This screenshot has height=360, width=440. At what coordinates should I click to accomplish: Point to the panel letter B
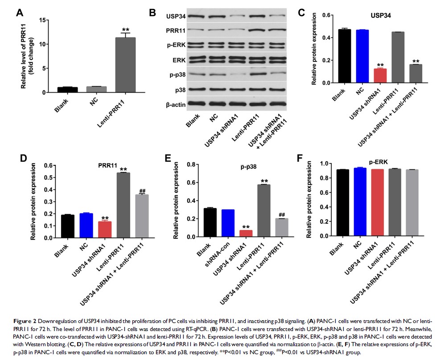pyautogui.click(x=152, y=13)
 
